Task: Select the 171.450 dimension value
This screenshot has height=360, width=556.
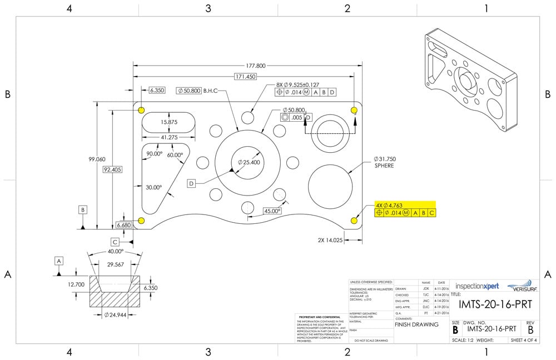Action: (245, 77)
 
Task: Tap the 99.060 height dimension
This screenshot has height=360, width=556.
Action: (97, 159)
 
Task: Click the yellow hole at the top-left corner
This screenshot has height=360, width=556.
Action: (142, 110)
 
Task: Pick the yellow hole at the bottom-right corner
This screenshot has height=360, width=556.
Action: (355, 221)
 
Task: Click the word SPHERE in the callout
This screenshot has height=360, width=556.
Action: (384, 166)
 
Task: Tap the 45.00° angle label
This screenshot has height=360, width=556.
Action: (272, 211)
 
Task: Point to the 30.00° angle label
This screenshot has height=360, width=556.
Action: (153, 188)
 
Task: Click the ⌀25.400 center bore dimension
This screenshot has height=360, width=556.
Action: (249, 162)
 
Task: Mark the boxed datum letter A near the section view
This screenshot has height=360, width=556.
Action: (59, 261)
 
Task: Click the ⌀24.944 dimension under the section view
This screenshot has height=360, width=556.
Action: (114, 315)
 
